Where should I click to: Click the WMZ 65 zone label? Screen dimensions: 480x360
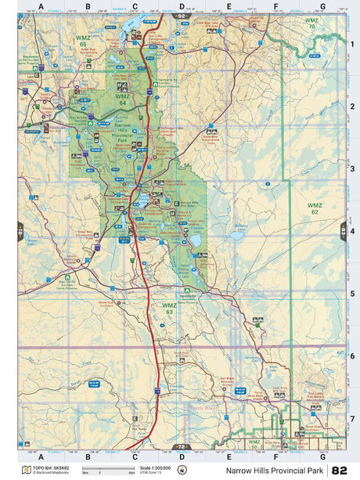(x=82, y=40)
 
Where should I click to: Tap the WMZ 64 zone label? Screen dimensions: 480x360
(x=121, y=99)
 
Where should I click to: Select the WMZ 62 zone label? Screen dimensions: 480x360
(x=314, y=208)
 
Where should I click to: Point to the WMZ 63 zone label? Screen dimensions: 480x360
(x=168, y=308)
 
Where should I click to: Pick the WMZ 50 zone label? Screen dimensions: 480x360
(x=254, y=443)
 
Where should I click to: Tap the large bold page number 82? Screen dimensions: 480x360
(x=340, y=470)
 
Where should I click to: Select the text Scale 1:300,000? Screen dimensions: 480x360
(x=156, y=467)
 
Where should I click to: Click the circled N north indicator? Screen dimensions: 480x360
(x=182, y=470)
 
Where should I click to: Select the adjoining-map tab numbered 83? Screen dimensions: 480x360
(x=343, y=231)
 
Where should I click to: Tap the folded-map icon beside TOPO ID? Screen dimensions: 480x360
(x=26, y=470)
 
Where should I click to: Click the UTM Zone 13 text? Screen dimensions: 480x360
(x=152, y=473)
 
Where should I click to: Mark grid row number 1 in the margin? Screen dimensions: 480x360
(x=352, y=44)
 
